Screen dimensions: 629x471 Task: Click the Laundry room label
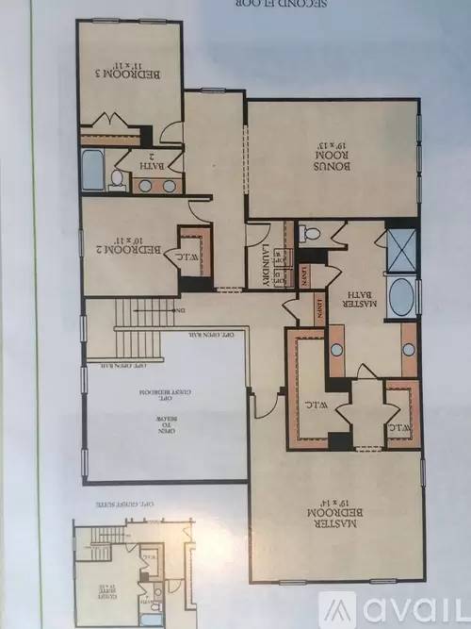(267, 268)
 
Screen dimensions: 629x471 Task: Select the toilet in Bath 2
(117, 178)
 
